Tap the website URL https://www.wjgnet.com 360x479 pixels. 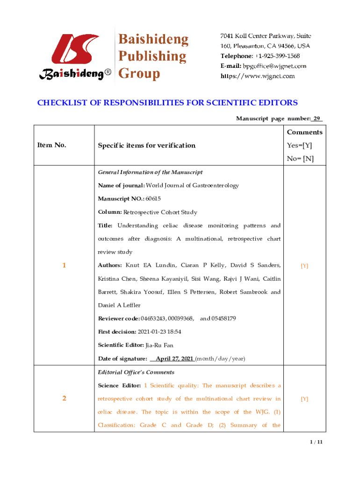point(258,76)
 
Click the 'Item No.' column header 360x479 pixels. point(51,145)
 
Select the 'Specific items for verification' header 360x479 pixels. point(146,145)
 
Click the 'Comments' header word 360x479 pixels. point(304,132)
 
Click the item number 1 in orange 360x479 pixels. point(64,266)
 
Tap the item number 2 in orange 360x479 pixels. point(64,399)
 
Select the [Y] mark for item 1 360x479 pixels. point(304,266)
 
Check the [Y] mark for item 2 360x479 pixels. point(304,399)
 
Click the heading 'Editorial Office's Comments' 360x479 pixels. point(136,372)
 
